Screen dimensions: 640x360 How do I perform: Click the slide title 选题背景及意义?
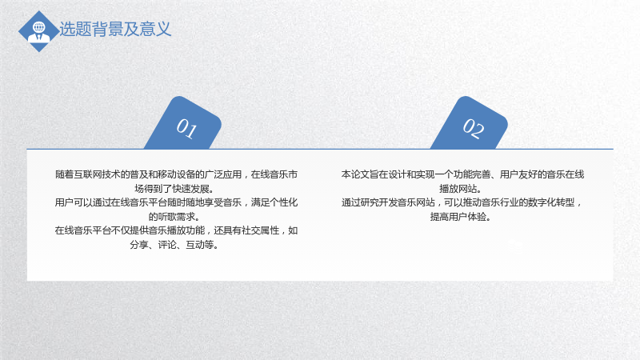(x=115, y=29)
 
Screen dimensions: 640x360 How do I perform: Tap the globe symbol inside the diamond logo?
(x=38, y=27)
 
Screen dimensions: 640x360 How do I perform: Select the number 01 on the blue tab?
(x=186, y=128)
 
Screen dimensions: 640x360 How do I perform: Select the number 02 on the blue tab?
(x=473, y=128)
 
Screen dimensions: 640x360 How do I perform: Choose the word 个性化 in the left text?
(x=284, y=202)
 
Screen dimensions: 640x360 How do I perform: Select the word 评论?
(x=167, y=245)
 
